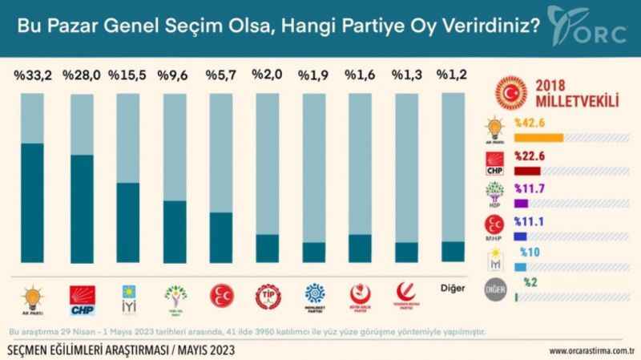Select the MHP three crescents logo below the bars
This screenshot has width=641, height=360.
[x=220, y=296]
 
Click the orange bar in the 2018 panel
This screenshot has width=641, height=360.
[x=540, y=138]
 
